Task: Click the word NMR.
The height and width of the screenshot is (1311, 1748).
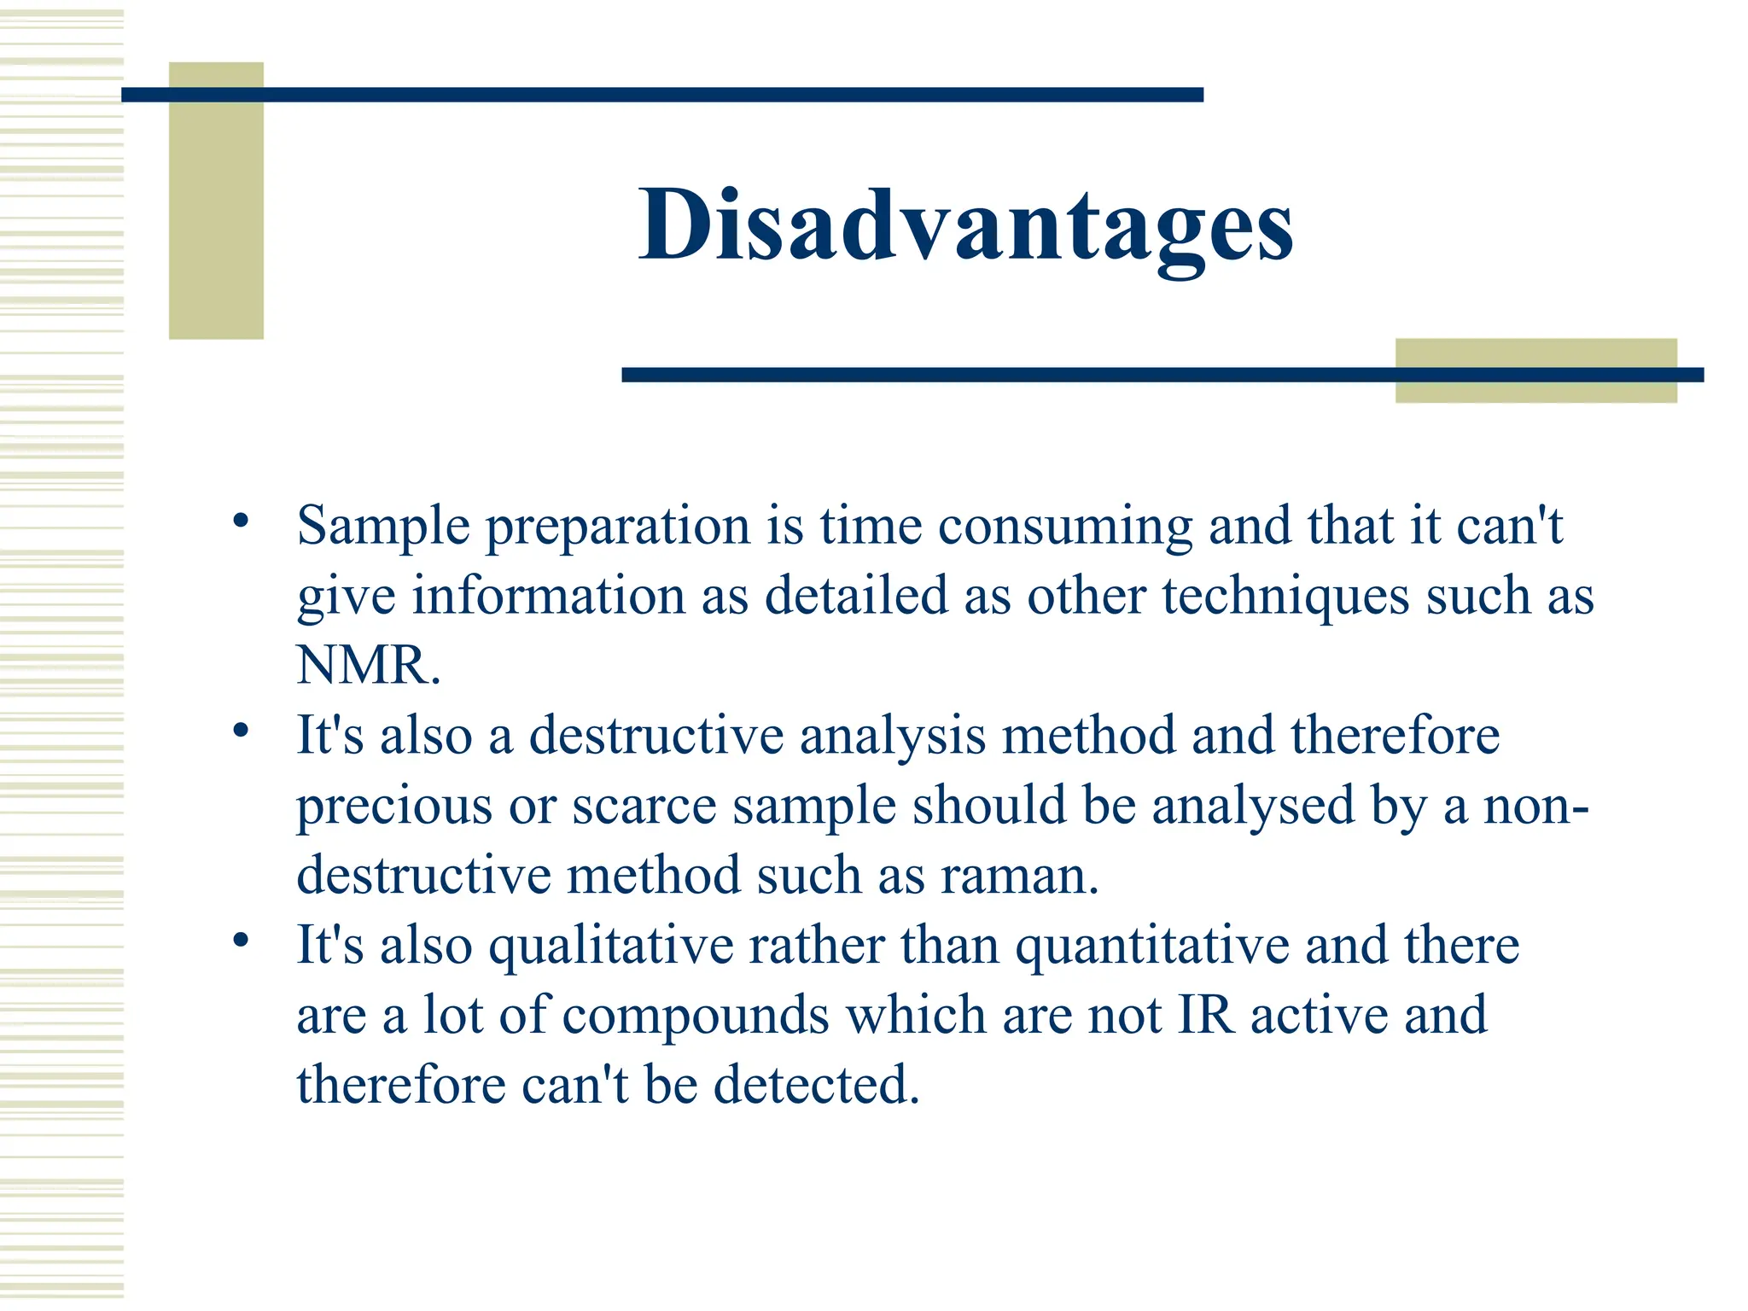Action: click(368, 666)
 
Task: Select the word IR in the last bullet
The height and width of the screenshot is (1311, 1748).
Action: click(1205, 1016)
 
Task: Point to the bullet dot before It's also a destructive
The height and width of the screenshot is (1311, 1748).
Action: click(241, 730)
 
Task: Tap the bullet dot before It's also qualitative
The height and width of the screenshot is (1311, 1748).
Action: click(241, 940)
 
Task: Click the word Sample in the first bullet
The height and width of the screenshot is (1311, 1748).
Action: click(383, 526)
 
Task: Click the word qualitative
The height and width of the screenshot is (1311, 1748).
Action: click(611, 947)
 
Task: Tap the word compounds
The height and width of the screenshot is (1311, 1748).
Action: click(696, 1016)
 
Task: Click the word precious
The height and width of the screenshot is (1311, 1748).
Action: click(394, 807)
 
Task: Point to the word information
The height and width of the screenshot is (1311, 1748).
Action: click(549, 596)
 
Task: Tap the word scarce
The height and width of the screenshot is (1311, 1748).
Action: click(644, 807)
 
